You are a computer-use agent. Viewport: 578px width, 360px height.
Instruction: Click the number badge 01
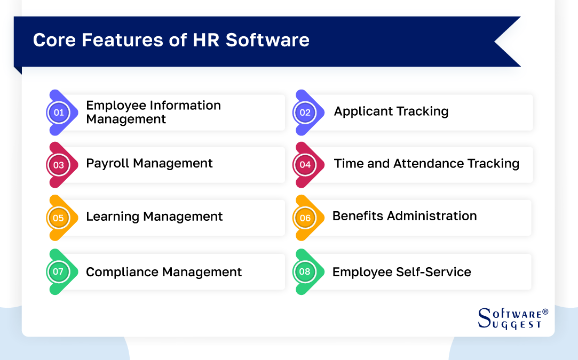[x=59, y=113]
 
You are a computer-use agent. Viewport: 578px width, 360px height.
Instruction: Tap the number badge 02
[x=305, y=113]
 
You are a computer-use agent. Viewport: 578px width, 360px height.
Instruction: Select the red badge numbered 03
[x=59, y=165]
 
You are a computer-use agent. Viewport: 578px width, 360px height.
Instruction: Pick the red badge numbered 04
[x=305, y=165]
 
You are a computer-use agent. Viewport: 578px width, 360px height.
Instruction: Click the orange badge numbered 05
[x=59, y=218]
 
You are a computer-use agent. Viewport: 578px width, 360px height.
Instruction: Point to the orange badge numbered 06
[x=305, y=218]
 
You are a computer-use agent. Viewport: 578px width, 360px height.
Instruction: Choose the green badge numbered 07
[x=59, y=272]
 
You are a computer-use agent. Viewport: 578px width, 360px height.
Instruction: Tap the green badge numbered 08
[x=305, y=272]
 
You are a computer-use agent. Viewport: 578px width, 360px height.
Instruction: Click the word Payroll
[x=108, y=164]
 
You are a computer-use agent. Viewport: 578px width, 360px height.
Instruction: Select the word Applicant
[x=360, y=111]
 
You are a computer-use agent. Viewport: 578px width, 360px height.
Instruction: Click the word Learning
[x=110, y=217]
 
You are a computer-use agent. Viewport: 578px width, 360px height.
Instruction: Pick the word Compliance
[x=122, y=273]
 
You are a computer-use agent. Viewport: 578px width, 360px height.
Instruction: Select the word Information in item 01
[x=187, y=106]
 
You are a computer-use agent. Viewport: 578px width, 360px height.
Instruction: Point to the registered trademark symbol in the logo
[x=545, y=311]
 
